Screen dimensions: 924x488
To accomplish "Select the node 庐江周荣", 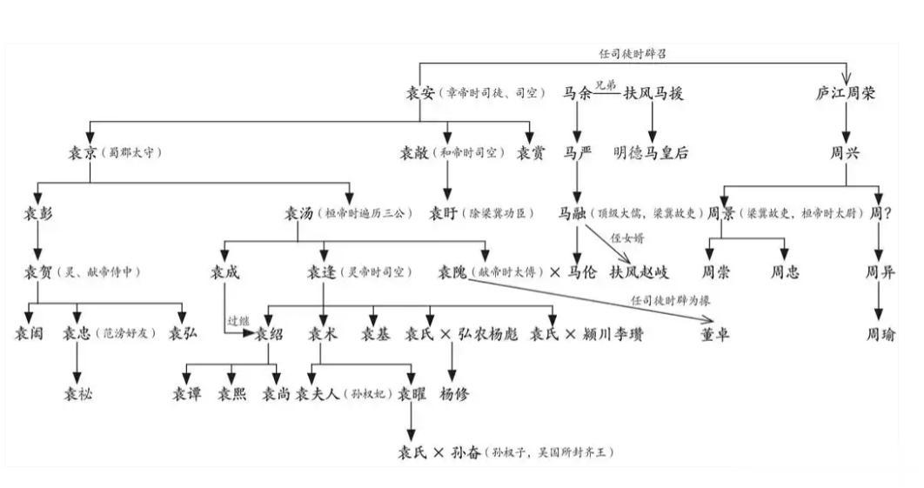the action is pyautogui.click(x=845, y=92).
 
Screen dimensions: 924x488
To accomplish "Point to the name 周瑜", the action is pyautogui.click(x=880, y=334).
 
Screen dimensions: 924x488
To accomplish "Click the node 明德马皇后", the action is pyautogui.click(x=651, y=153).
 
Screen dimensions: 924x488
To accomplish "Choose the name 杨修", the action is pyautogui.click(x=454, y=394).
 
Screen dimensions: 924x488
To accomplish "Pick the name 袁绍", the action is pyautogui.click(x=270, y=334).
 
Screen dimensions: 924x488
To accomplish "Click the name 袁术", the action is pyautogui.click(x=323, y=334).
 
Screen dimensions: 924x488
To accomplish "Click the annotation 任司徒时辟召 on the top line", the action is pyautogui.click(x=633, y=54).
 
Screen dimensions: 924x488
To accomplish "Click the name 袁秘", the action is pyautogui.click(x=77, y=394).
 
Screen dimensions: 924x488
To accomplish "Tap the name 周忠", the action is pyautogui.click(x=785, y=272).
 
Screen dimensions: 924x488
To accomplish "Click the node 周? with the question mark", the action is pyautogui.click(x=880, y=212).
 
